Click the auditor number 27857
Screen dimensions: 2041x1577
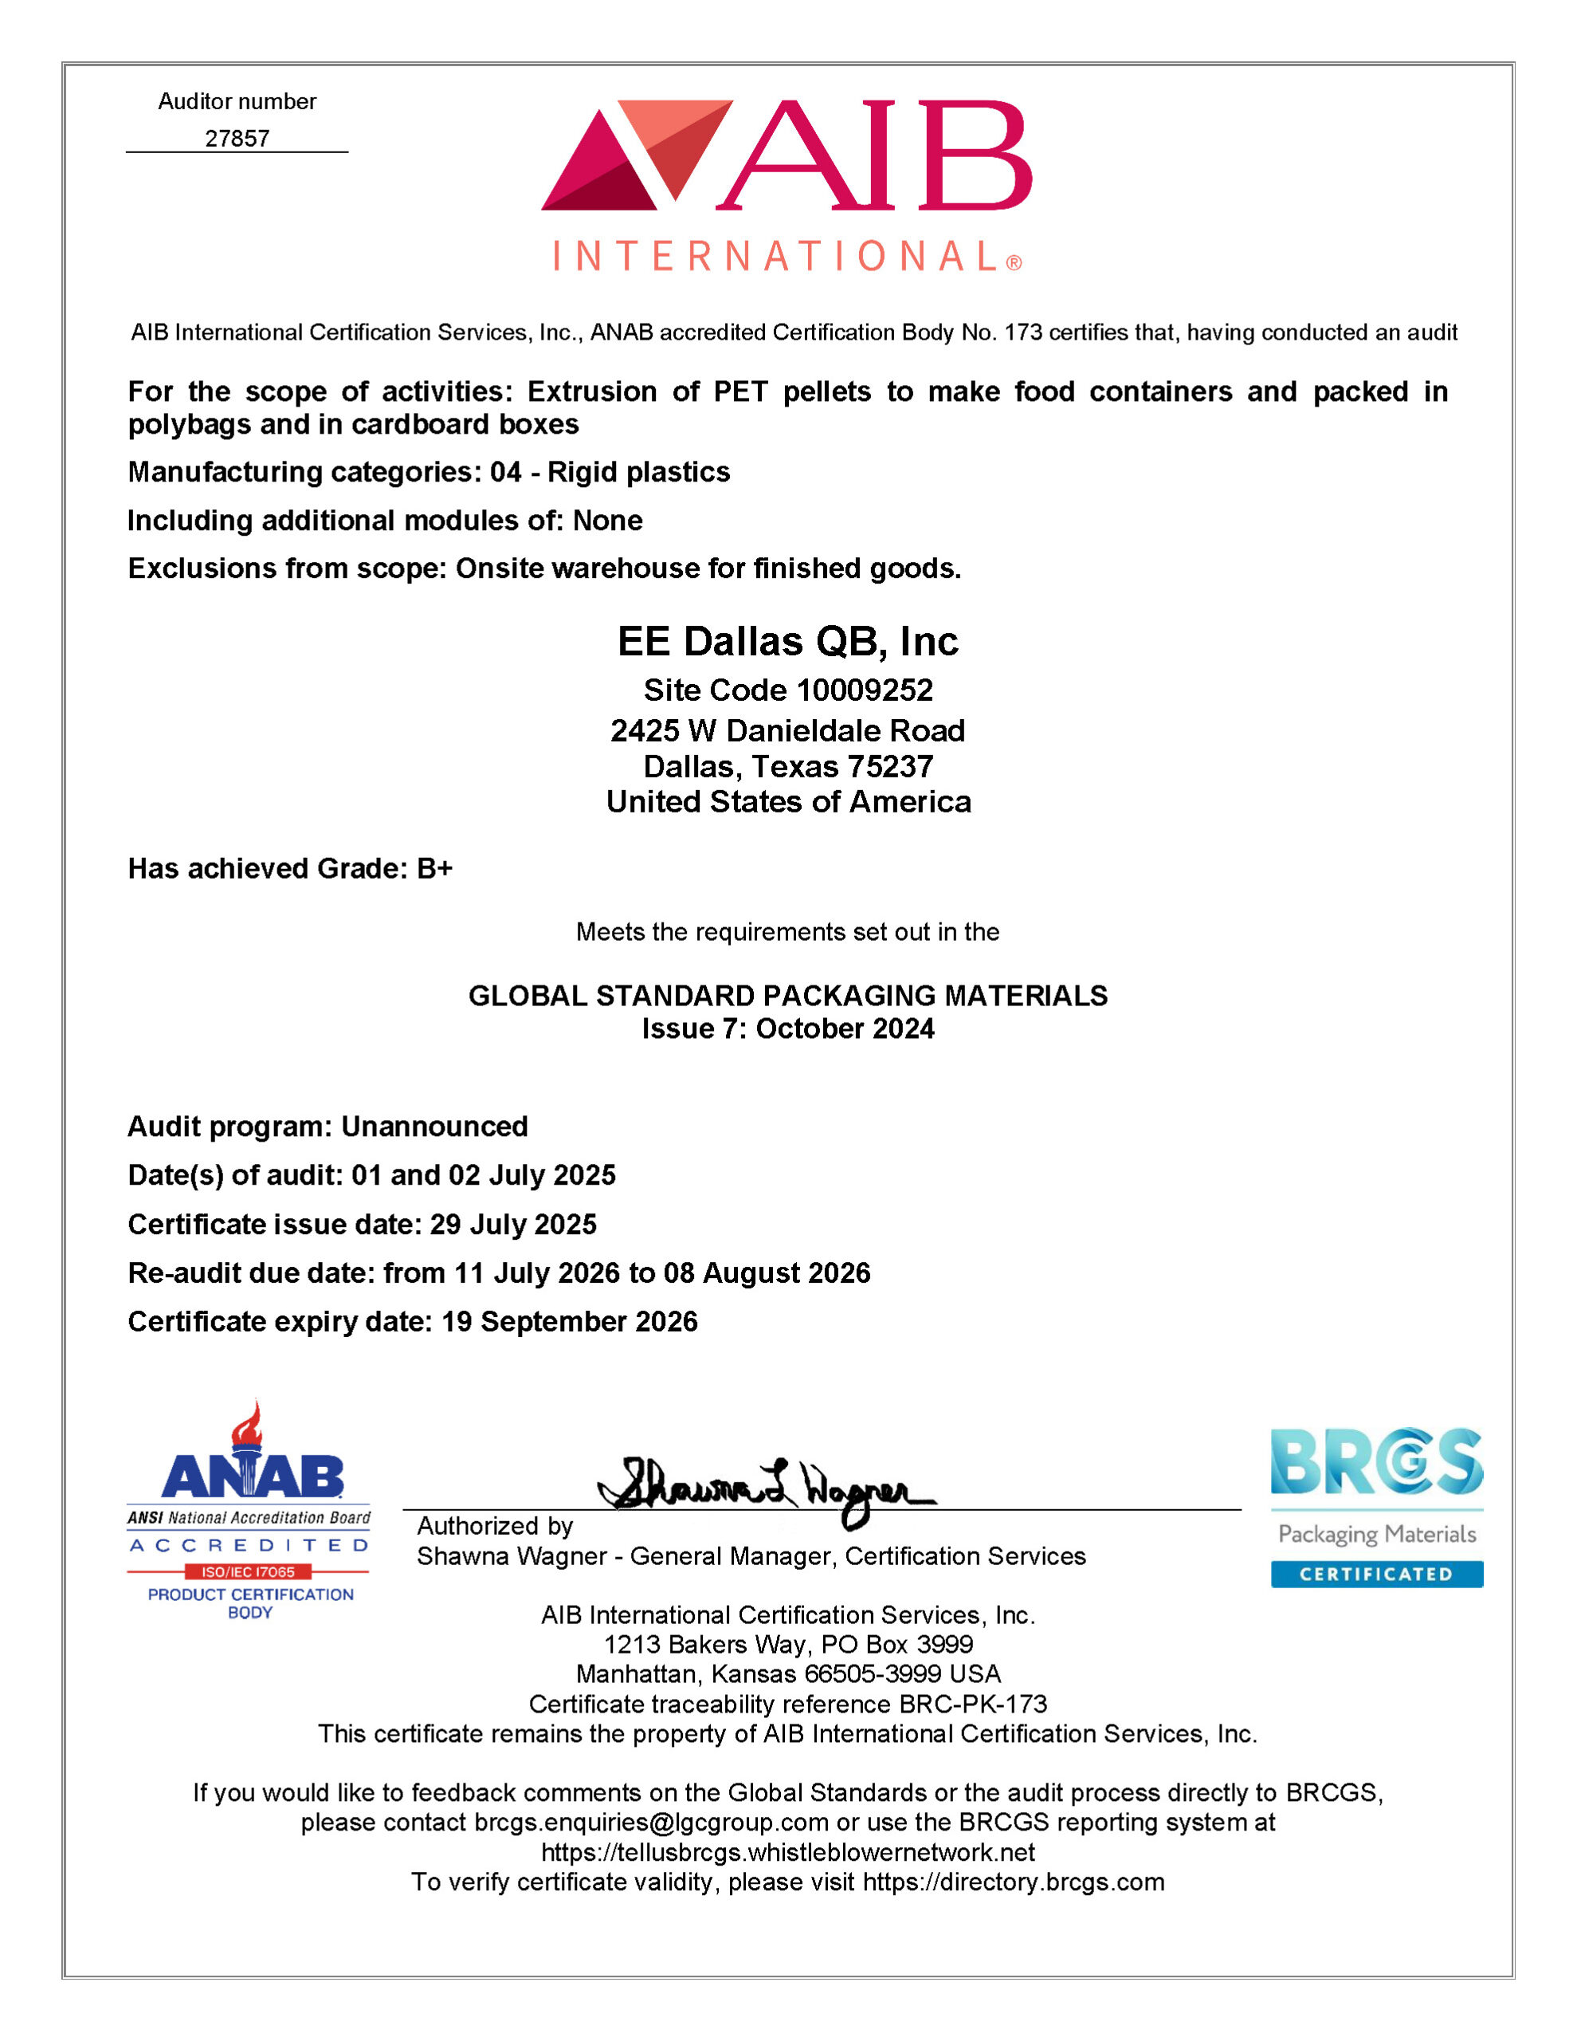(x=237, y=138)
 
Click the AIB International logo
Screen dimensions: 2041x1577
(x=787, y=184)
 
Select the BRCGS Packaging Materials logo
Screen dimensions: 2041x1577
(x=1376, y=1507)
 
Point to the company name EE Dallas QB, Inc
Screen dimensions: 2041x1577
(x=787, y=642)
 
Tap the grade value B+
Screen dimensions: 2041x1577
(x=434, y=869)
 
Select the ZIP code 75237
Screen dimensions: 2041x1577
(x=889, y=766)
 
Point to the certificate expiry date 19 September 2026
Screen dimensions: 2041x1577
(x=569, y=1321)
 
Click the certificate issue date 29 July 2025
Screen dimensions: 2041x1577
(x=513, y=1225)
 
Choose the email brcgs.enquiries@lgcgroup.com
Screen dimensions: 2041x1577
(x=651, y=1823)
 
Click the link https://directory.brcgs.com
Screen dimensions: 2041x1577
(x=1014, y=1882)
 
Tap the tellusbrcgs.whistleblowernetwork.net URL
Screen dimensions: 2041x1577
(x=787, y=1852)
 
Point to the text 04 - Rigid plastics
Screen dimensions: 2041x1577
(x=610, y=472)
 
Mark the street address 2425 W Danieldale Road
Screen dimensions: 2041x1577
(x=787, y=731)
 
